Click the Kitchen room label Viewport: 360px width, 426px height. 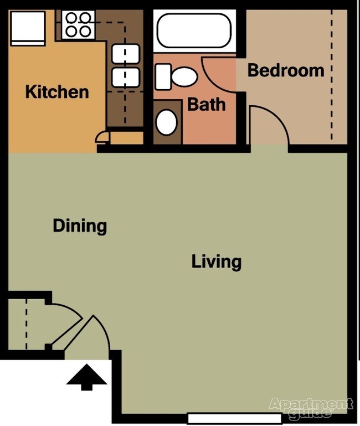[x=57, y=91]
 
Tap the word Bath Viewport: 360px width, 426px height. [x=206, y=104]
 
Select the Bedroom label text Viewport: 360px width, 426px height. [x=285, y=70]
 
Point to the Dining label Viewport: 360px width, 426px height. [x=80, y=226]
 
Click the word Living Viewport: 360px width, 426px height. [x=217, y=261]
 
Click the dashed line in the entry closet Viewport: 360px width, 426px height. [x=25, y=324]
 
